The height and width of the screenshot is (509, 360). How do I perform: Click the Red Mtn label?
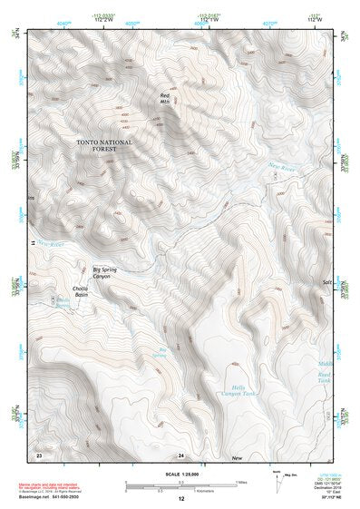(x=165, y=97)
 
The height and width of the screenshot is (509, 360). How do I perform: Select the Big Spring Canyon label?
(x=108, y=271)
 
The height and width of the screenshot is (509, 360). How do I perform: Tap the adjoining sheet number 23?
(x=39, y=453)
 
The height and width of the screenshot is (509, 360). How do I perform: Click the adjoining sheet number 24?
(x=180, y=453)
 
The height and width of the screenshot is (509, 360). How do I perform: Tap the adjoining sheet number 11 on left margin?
(x=31, y=242)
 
